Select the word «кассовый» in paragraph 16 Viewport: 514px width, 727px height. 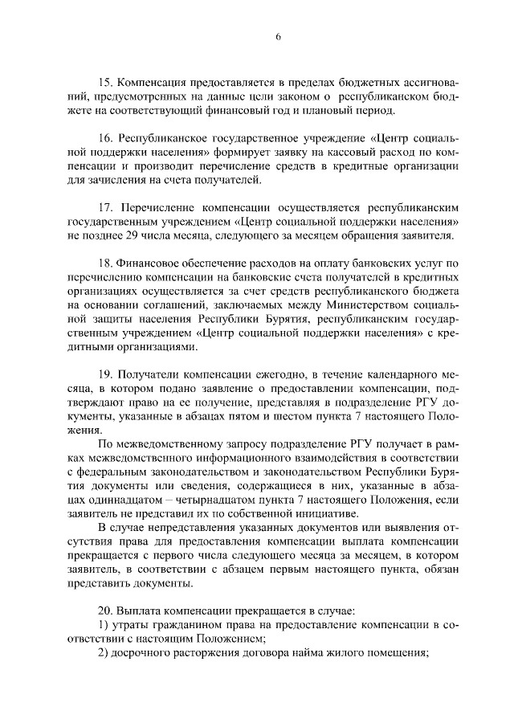(346, 152)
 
